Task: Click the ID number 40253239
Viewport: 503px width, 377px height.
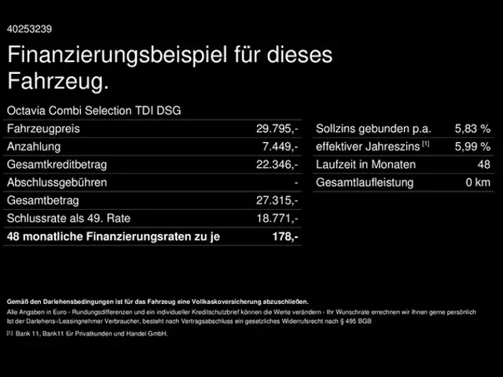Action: coord(29,29)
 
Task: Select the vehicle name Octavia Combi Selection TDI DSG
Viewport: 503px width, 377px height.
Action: coord(94,111)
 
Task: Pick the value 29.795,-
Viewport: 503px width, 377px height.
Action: coord(277,129)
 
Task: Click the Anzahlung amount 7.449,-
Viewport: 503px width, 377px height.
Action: coord(280,147)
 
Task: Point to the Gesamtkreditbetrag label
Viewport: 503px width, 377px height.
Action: coord(56,165)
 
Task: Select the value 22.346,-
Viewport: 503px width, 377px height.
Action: coord(277,165)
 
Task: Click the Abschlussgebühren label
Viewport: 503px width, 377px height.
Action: coord(56,183)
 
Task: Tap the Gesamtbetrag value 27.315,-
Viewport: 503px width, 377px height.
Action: coord(277,201)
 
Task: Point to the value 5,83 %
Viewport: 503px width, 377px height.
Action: coord(472,129)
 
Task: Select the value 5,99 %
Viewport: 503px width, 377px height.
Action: coord(472,147)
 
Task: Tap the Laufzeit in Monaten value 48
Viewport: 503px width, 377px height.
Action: coord(483,165)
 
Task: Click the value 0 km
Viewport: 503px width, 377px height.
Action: coord(478,183)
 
